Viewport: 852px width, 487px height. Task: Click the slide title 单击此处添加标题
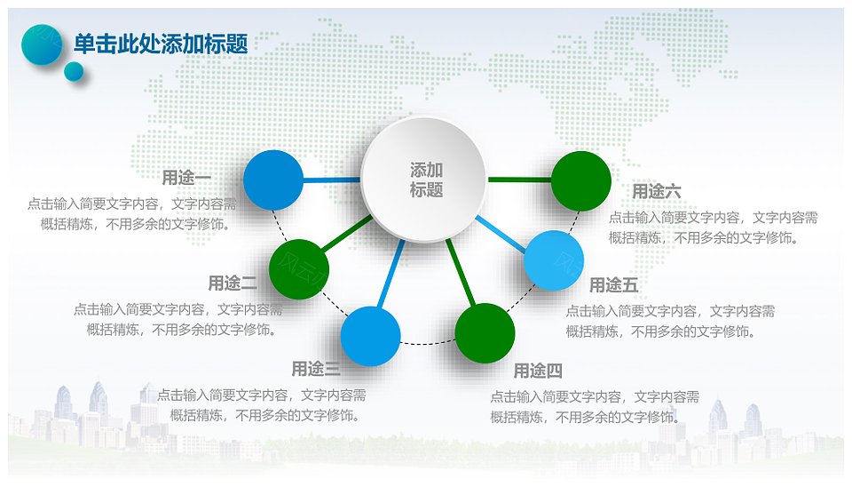coord(161,44)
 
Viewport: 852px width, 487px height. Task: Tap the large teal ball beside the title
coord(42,44)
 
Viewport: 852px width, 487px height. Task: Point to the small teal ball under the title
coord(74,71)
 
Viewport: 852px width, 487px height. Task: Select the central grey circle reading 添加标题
coord(423,180)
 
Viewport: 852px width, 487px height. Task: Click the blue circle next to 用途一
coord(273,180)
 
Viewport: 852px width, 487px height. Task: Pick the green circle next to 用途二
coord(299,269)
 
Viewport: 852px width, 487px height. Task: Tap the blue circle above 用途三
coord(371,336)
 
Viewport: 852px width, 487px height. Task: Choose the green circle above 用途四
coord(485,333)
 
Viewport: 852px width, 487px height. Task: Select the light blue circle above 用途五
coord(554,260)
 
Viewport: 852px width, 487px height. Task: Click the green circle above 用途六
coord(581,181)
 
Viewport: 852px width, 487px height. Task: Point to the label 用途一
coord(186,178)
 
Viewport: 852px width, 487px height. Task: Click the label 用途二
coord(233,283)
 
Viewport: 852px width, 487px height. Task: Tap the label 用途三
coord(316,369)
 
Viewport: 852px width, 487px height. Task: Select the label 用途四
coord(538,371)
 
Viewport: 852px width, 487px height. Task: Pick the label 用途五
coord(613,285)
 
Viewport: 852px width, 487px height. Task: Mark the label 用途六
coord(657,192)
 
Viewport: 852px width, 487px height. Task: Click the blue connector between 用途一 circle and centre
coord(332,180)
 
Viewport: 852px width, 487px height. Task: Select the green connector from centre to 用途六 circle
coord(519,180)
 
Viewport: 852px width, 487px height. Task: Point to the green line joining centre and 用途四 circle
coord(461,272)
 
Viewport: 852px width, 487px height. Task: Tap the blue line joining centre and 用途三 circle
coord(390,275)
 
